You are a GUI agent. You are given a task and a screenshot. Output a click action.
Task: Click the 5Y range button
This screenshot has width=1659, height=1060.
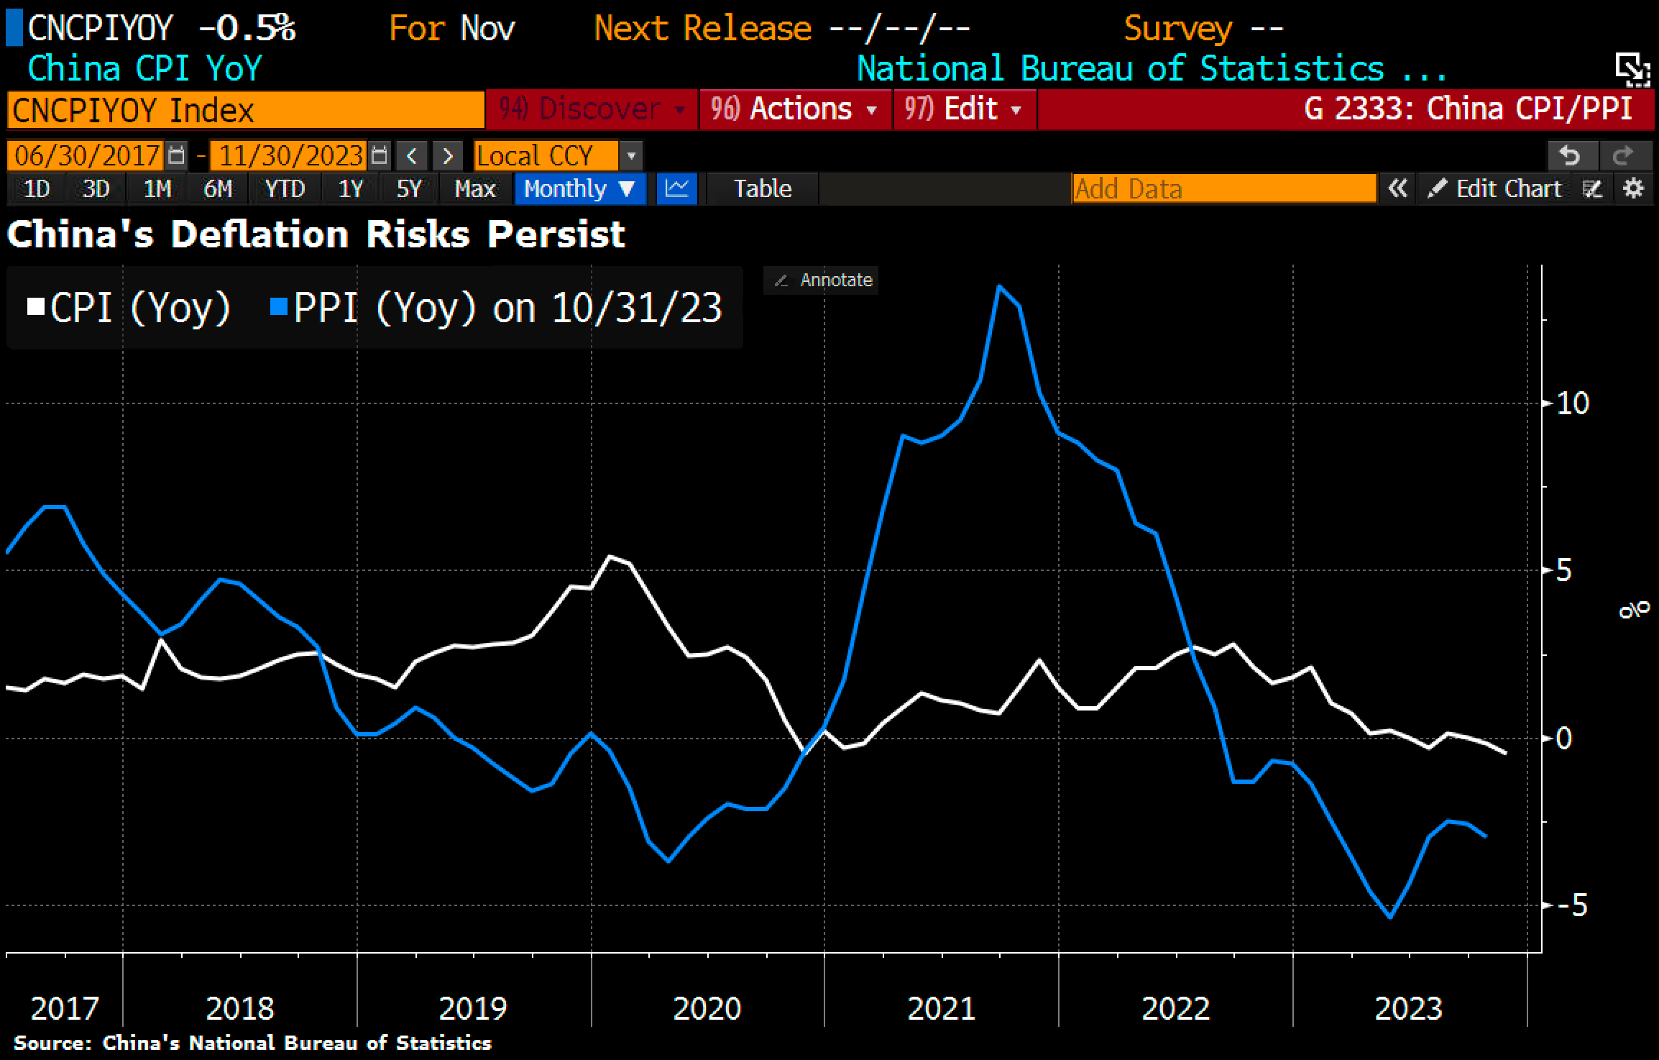click(x=408, y=188)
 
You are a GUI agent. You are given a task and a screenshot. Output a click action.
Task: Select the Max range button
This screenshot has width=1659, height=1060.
click(x=475, y=188)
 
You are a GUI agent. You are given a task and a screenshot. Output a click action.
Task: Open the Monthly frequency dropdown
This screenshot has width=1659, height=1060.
click(x=579, y=188)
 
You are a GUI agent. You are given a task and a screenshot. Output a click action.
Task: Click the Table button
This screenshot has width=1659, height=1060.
click(x=762, y=188)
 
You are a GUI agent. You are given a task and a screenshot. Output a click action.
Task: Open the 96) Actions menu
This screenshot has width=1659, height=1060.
click(x=794, y=109)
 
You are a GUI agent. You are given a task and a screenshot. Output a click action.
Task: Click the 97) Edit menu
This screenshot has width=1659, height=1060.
click(x=964, y=109)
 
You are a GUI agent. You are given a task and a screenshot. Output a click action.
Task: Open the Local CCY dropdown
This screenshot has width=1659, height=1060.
click(x=557, y=155)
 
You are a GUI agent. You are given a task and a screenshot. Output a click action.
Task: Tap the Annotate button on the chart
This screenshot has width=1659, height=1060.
click(x=822, y=280)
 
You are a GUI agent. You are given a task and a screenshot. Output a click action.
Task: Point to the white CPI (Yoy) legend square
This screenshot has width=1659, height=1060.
click(x=35, y=308)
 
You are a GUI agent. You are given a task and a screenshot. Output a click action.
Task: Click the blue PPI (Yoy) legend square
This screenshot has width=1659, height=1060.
click(x=279, y=308)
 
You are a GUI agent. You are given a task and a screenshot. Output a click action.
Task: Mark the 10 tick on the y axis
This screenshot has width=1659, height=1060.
click(x=1572, y=403)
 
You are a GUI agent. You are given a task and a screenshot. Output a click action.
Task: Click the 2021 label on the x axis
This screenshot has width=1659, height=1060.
click(x=941, y=1008)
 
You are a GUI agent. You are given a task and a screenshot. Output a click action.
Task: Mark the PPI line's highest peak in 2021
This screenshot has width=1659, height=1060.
click(x=999, y=286)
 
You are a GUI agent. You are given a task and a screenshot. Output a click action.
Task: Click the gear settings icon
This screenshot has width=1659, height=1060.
click(x=1634, y=188)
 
